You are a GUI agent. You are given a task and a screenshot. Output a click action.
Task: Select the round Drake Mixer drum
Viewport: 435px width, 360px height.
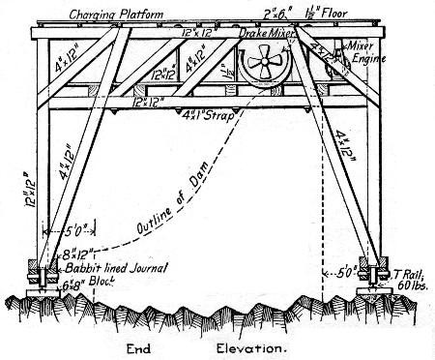[x=265, y=73]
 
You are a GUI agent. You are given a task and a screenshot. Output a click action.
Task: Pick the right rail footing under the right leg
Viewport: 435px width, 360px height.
[x=371, y=285]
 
